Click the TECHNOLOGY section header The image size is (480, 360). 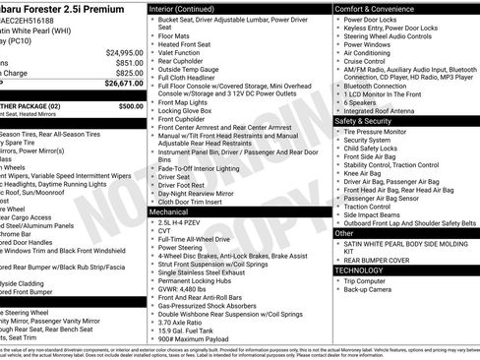[362, 270]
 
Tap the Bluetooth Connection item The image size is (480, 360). [383, 87]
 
